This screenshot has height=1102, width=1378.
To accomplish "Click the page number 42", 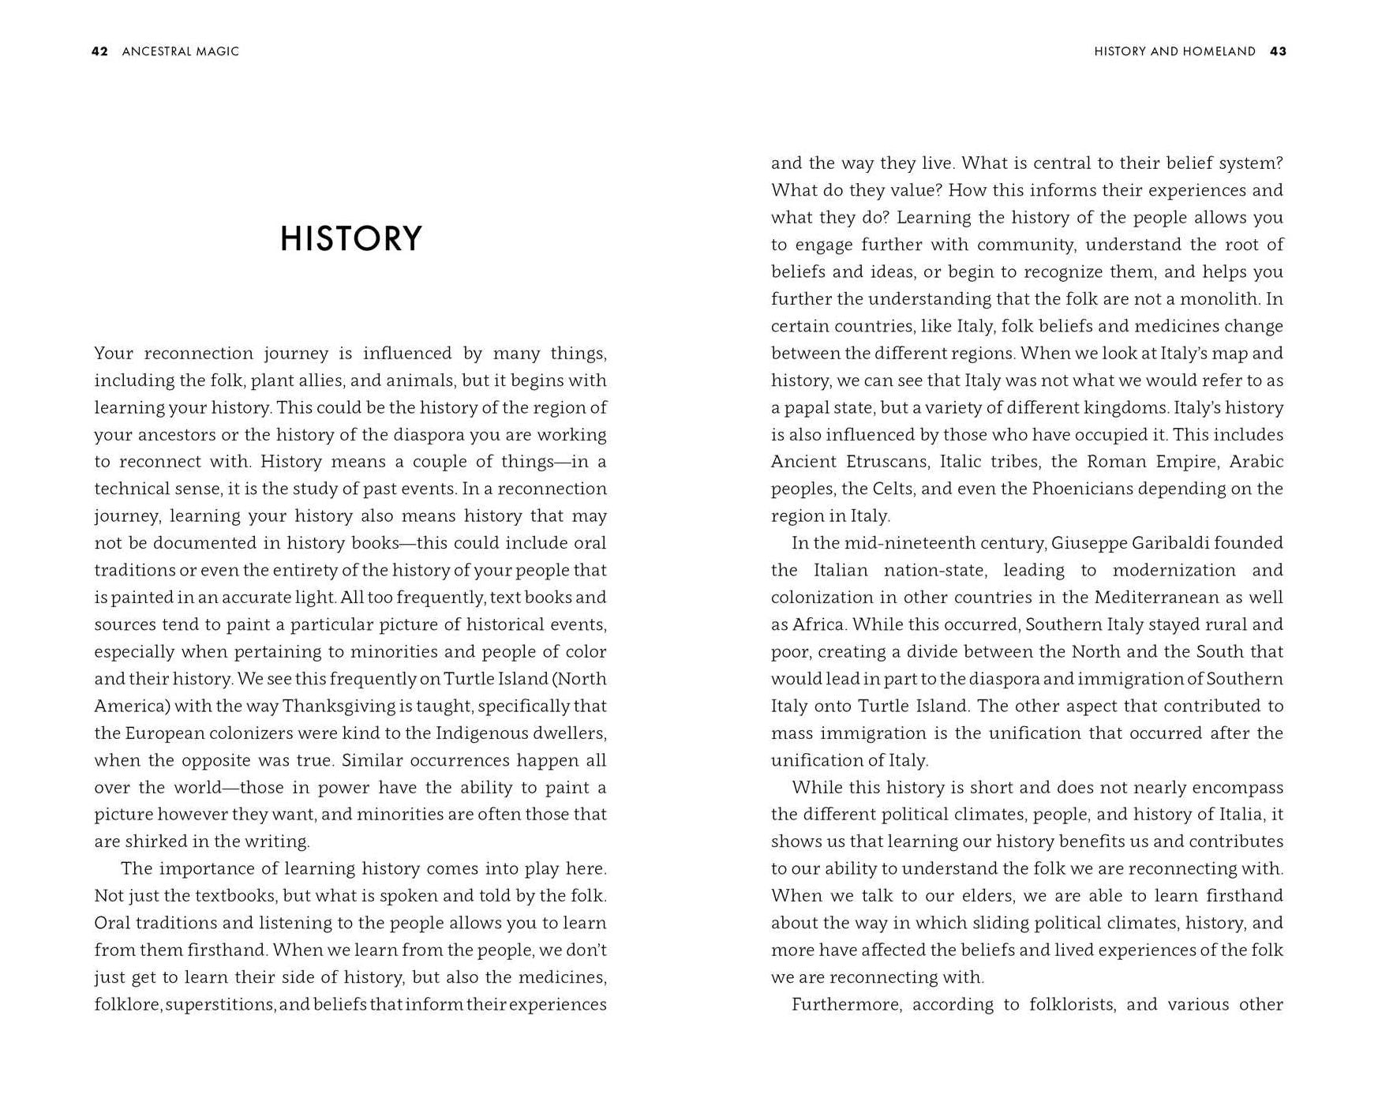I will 99,51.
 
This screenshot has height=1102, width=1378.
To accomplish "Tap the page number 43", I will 1278,51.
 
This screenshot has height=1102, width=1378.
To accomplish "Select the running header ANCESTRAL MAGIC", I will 180,51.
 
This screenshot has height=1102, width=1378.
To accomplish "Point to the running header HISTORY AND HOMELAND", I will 1174,51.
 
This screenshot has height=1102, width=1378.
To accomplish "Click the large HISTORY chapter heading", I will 351,239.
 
